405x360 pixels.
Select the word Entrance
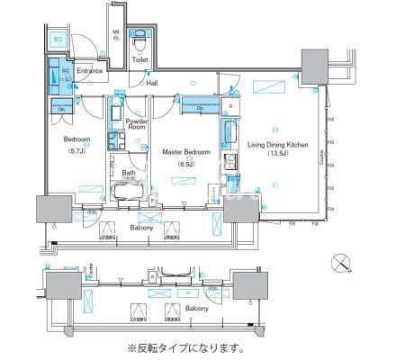pos(89,71)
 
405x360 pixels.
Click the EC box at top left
pos(57,39)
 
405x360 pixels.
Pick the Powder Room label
pos(137,124)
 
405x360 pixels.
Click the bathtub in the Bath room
pos(130,193)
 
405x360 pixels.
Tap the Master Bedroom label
pos(186,152)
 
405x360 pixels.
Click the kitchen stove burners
pos(229,162)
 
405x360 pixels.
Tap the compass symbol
pos(339,263)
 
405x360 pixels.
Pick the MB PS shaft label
pos(115,39)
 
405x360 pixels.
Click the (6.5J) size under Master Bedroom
pos(186,163)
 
